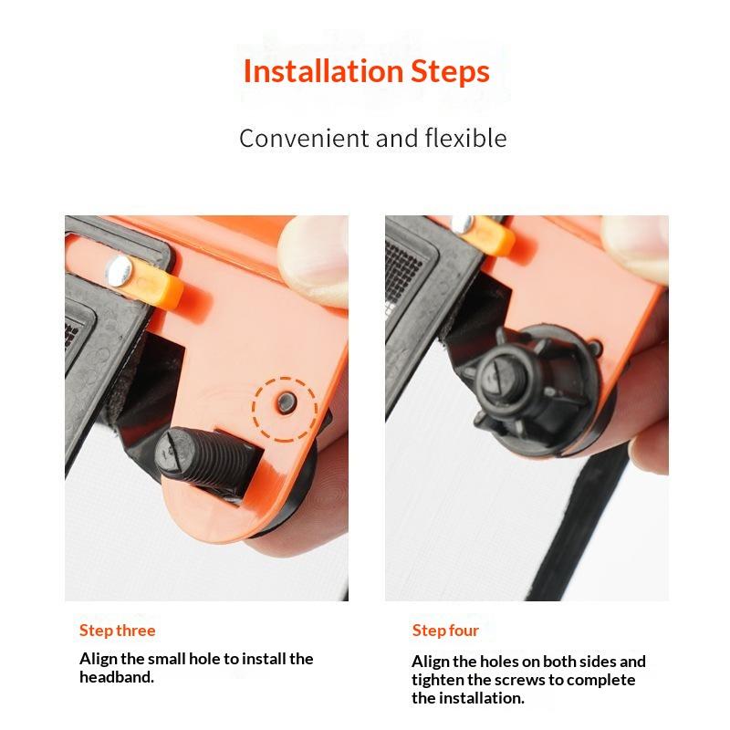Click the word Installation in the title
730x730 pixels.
[323, 71]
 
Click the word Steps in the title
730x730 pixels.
[450, 72]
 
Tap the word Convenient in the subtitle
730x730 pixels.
[304, 139]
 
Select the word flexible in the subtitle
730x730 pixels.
[465, 138]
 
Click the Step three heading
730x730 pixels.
[118, 631]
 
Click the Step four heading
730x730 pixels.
[445, 631]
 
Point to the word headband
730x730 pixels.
[117, 676]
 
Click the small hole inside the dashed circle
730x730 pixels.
[286, 401]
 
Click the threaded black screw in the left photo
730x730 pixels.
[204, 459]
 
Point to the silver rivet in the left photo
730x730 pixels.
[119, 270]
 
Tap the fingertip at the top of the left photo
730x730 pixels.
[314, 261]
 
